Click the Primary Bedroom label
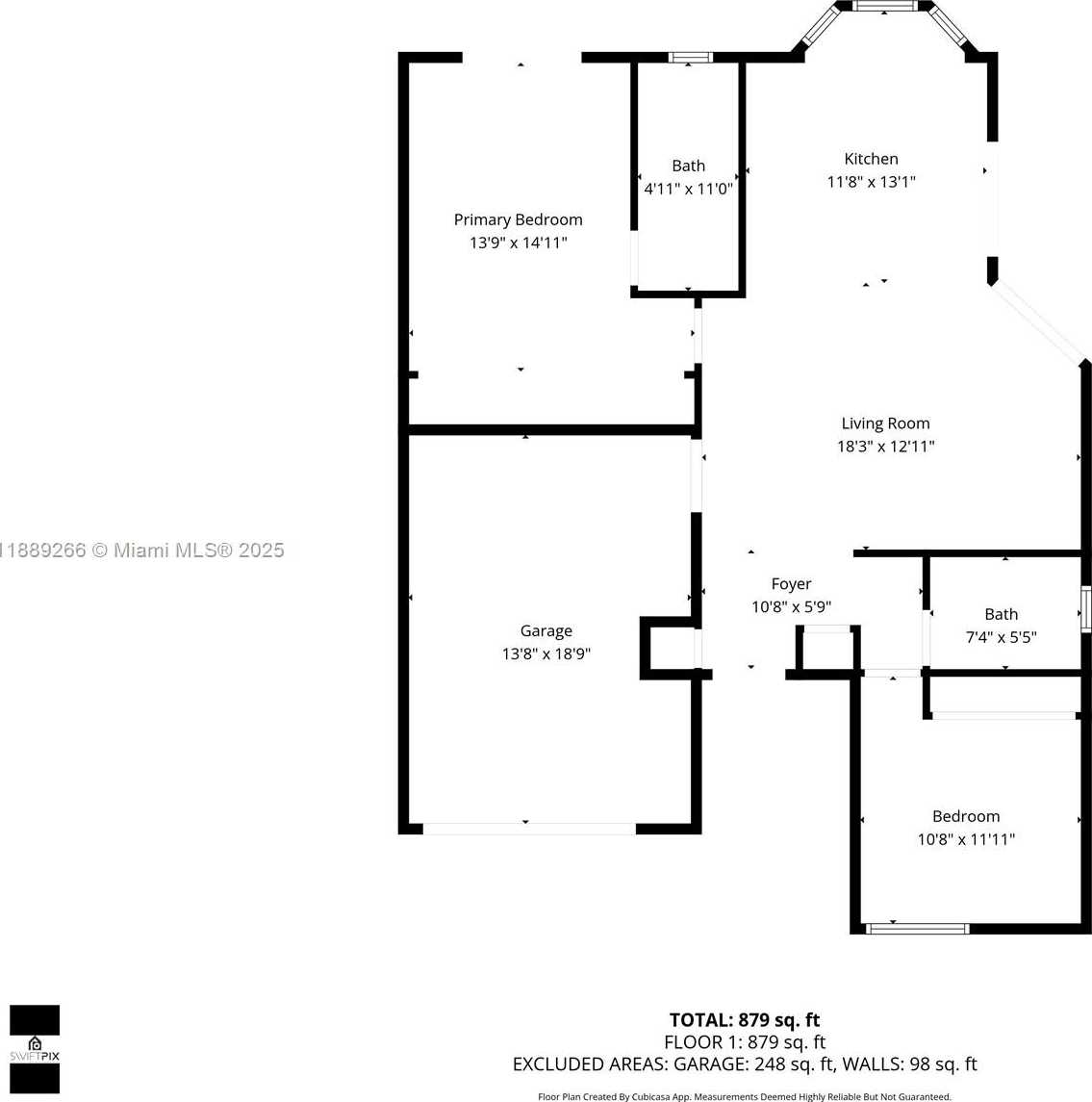click(x=518, y=220)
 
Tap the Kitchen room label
click(x=871, y=159)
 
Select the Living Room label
click(x=885, y=423)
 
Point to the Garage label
click(x=546, y=631)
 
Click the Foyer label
click(x=791, y=584)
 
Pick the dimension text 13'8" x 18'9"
click(x=546, y=654)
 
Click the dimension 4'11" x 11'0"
click(x=688, y=189)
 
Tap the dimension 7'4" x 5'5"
click(x=1002, y=637)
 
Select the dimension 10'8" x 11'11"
click(x=966, y=839)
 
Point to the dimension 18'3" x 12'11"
click(x=885, y=447)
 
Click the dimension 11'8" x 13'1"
click(x=871, y=182)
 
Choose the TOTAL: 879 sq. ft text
click(x=744, y=1020)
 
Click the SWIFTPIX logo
click(x=35, y=1049)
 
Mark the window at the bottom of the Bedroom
click(x=917, y=929)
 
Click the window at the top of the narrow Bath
click(x=690, y=58)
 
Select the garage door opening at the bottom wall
click(x=529, y=830)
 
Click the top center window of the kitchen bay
click(x=885, y=7)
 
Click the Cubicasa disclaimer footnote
click(x=744, y=1096)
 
